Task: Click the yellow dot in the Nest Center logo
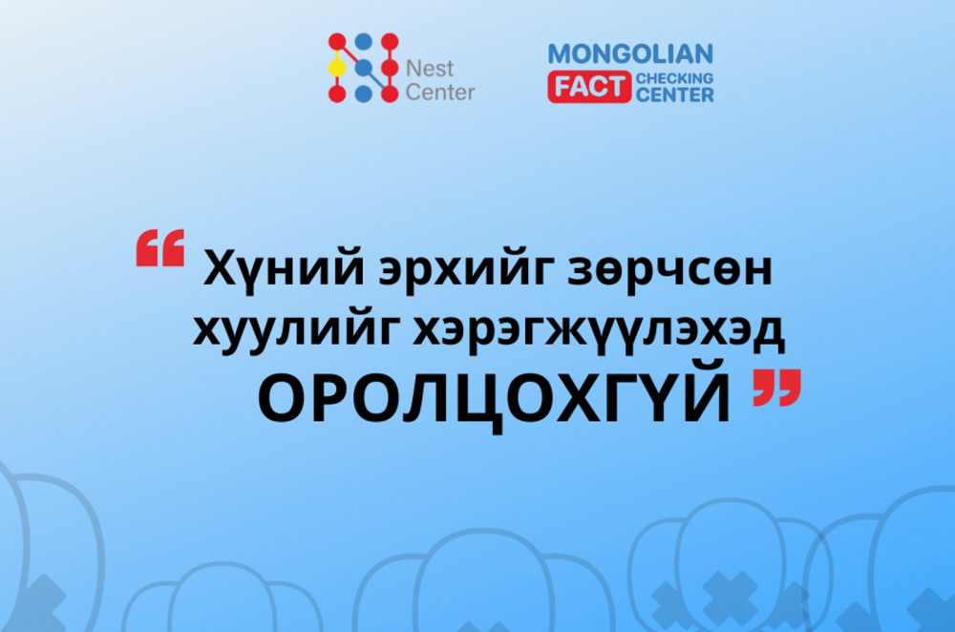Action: click(336, 68)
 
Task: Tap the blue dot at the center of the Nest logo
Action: click(363, 68)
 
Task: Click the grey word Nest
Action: click(430, 69)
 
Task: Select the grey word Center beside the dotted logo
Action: click(440, 93)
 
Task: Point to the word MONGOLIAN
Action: click(630, 53)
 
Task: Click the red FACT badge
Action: click(589, 88)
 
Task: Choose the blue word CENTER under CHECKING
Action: click(674, 95)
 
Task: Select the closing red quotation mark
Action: click(775, 389)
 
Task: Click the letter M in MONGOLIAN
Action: click(561, 53)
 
